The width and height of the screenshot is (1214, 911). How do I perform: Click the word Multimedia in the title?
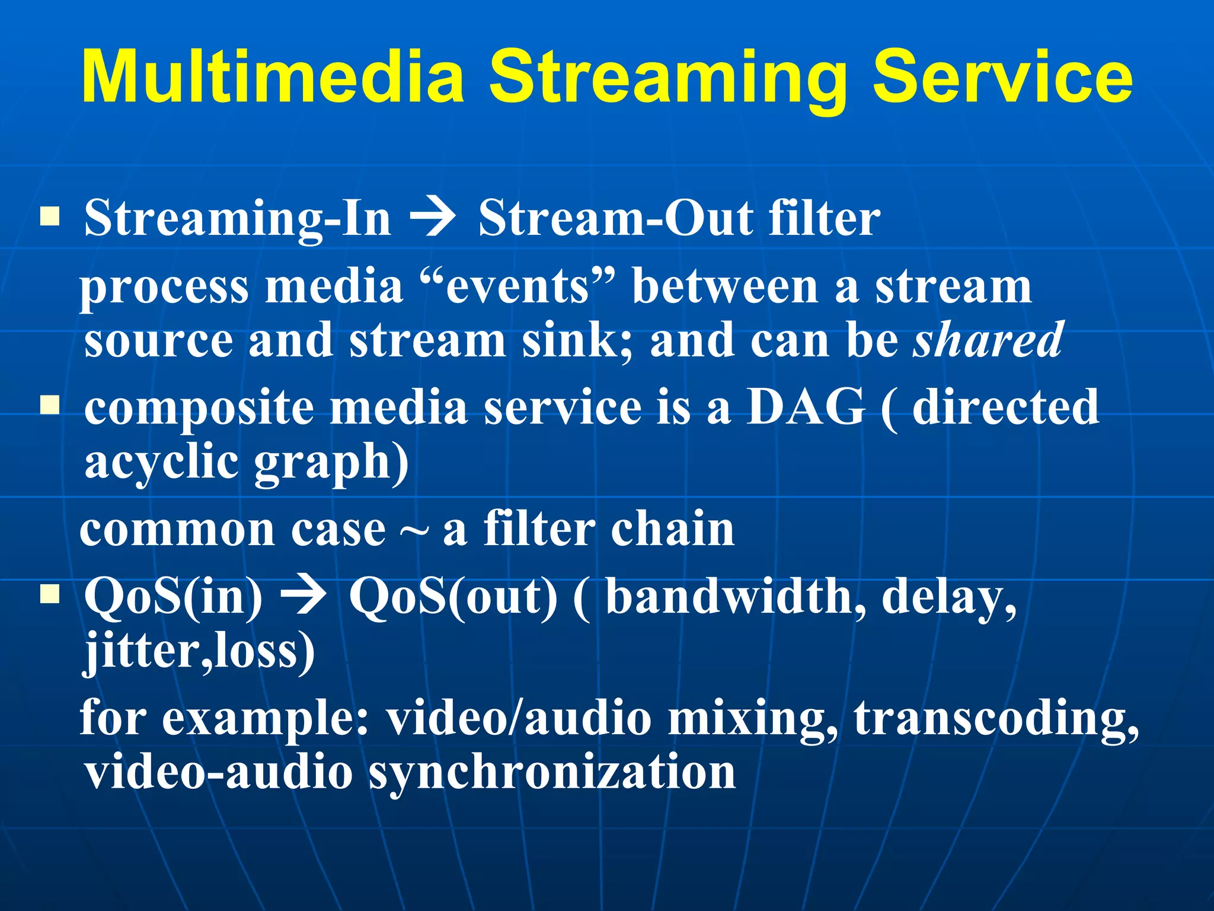point(273,77)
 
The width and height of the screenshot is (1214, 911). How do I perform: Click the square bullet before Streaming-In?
point(50,216)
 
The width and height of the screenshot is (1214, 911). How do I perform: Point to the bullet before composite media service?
point(50,406)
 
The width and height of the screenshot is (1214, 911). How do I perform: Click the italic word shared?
point(988,340)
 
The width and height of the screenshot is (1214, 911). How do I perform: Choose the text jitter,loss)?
point(199,651)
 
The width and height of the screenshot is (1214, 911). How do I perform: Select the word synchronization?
point(551,772)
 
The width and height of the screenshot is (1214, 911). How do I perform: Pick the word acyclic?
point(161,461)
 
